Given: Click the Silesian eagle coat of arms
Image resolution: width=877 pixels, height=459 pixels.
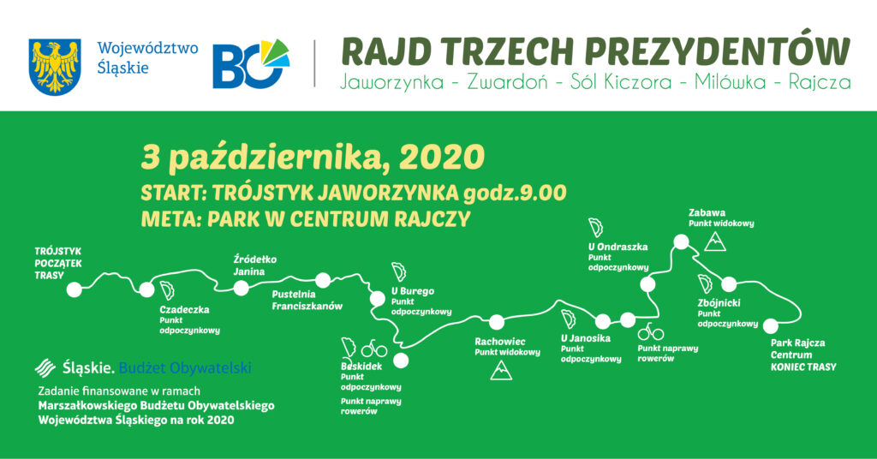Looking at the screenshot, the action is pyautogui.click(x=55, y=67).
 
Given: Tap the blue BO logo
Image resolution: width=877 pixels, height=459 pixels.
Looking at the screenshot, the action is pyautogui.click(x=251, y=63).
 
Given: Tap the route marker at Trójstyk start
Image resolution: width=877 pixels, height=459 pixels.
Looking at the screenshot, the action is pyautogui.click(x=74, y=289).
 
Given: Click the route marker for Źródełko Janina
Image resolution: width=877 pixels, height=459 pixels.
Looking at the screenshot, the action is pyautogui.click(x=241, y=288).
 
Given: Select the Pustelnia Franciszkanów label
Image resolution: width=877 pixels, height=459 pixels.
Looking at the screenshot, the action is pyautogui.click(x=307, y=301).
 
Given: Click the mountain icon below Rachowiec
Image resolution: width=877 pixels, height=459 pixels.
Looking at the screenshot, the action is pyautogui.click(x=501, y=371).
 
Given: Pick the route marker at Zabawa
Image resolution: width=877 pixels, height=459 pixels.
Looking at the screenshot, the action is pyautogui.click(x=681, y=242).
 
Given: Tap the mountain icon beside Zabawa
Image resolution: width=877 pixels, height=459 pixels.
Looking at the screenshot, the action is pyautogui.click(x=715, y=241).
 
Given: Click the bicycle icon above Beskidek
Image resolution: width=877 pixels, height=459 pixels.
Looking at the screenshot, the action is pyautogui.click(x=374, y=349).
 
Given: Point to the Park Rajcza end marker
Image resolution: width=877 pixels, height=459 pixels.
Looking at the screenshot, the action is pyautogui.click(x=771, y=325).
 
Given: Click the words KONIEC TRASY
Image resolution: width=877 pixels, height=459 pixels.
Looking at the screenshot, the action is pyautogui.click(x=803, y=367).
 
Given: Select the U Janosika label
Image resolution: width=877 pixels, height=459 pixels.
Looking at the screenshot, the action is pyautogui.click(x=586, y=338).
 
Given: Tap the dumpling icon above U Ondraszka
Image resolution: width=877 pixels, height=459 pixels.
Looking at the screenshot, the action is pyautogui.click(x=596, y=228).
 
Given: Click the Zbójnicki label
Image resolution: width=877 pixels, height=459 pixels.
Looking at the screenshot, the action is pyautogui.click(x=719, y=303).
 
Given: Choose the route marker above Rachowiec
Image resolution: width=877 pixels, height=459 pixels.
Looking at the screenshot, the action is pyautogui.click(x=497, y=322).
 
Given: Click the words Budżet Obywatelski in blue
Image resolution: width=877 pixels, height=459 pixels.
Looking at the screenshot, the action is pyautogui.click(x=185, y=368).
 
